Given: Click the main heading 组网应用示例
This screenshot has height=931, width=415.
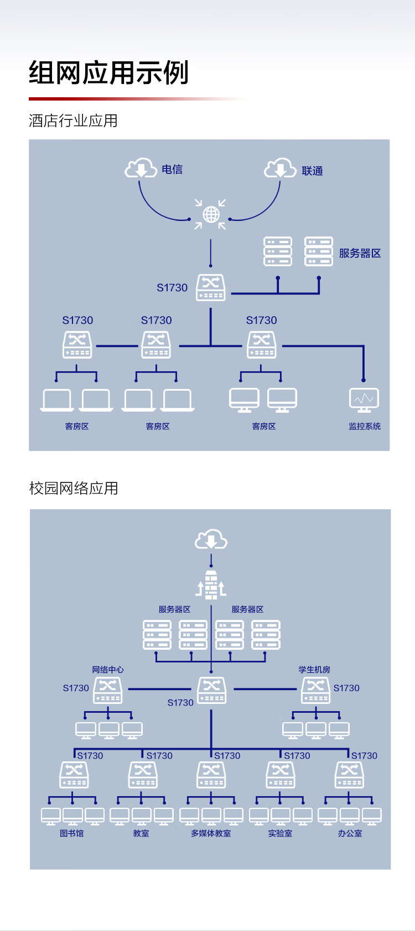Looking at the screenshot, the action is [108, 73].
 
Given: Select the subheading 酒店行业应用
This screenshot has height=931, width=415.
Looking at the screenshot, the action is [73, 120].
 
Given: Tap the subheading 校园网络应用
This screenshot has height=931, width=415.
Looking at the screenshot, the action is [74, 488].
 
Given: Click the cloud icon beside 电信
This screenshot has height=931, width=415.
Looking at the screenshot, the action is [141, 168].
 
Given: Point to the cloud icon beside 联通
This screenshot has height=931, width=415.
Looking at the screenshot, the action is [280, 168].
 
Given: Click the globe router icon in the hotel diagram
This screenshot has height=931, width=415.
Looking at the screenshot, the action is [211, 214].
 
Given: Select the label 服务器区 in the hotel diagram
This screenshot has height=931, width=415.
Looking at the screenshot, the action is [360, 253].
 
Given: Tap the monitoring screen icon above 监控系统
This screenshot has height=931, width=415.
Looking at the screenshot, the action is [364, 400].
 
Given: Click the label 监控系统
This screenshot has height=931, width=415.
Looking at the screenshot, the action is [365, 426].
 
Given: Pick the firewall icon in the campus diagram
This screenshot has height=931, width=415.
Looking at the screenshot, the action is [211, 585].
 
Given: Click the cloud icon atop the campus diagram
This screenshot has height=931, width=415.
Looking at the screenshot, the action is [211, 539].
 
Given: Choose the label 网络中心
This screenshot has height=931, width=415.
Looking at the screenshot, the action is [108, 670].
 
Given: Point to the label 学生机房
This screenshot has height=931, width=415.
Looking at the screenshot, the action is [314, 670].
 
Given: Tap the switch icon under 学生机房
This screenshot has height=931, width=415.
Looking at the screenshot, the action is [315, 690].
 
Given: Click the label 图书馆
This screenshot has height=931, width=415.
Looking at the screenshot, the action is [71, 833].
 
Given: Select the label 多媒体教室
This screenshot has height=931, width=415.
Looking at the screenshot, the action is [211, 833].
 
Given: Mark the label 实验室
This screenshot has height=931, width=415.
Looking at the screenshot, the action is [280, 833].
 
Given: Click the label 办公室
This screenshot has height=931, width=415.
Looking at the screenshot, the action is [350, 833].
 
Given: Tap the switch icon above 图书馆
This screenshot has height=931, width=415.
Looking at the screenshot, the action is [74, 775].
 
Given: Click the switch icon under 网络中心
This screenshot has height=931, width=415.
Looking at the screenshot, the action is [108, 690].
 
